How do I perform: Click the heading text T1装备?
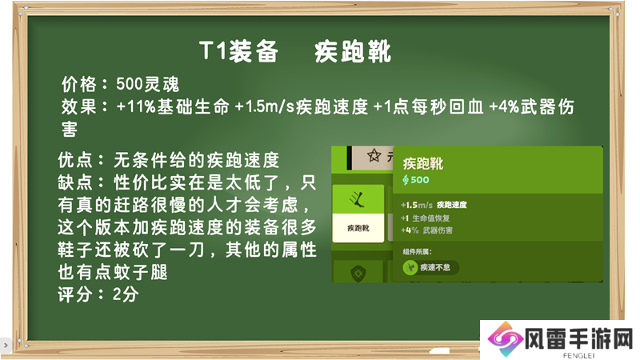(x=238, y=52)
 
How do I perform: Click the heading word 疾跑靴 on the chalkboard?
(x=353, y=52)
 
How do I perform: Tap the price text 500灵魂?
(x=147, y=85)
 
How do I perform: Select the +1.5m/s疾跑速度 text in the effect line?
(x=302, y=107)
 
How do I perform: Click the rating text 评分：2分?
(x=98, y=294)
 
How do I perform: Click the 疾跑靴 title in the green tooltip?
(x=423, y=164)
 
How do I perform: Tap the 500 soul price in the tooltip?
(x=416, y=179)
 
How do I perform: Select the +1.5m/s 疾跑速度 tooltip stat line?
(x=434, y=205)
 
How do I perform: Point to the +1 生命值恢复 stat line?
(x=425, y=218)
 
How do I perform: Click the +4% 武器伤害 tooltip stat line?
(x=426, y=230)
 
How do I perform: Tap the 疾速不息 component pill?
(x=430, y=267)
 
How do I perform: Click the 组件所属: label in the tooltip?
(x=417, y=252)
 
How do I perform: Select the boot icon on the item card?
(x=358, y=199)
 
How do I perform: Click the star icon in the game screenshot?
(x=374, y=155)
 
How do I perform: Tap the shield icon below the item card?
(x=358, y=273)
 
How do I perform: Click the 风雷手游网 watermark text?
(x=578, y=338)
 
